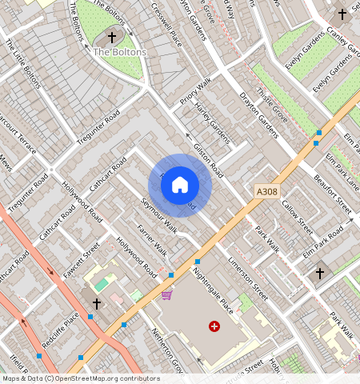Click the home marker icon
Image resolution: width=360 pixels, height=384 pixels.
[x=180, y=185]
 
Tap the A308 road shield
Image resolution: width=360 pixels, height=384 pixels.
[x=267, y=192]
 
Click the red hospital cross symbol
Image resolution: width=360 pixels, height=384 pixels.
[x=214, y=326]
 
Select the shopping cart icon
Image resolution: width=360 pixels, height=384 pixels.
[x=166, y=294]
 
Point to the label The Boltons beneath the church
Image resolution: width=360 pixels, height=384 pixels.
[x=120, y=52]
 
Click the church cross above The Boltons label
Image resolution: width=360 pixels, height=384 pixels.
[x=112, y=37]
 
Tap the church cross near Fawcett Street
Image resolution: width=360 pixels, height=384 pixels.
[x=97, y=304]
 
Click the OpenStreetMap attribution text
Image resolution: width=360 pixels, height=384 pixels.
[x=81, y=378]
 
